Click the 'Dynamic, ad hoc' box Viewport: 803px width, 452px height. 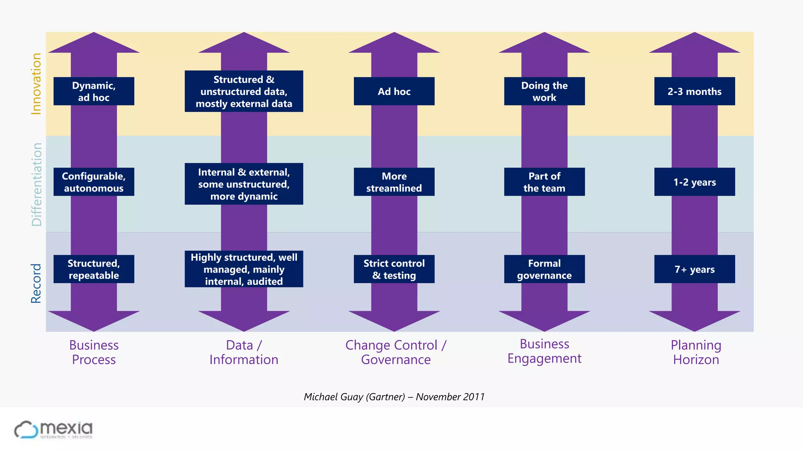(94, 91)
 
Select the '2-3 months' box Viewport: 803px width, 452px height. (694, 91)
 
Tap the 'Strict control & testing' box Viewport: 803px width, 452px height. (394, 269)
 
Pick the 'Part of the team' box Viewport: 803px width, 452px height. (544, 182)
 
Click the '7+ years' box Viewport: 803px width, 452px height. (694, 269)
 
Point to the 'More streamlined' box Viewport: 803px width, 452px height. (394, 182)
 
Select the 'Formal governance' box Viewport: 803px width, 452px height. (544, 269)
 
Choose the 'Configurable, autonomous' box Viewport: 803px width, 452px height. (94, 182)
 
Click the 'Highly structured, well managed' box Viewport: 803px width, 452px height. (244, 269)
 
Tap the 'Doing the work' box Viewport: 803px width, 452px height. (544, 91)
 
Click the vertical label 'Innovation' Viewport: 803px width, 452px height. (36, 84)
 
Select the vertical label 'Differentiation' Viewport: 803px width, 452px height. (36, 184)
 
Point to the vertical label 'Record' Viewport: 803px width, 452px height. (36, 283)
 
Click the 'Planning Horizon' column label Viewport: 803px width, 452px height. (696, 352)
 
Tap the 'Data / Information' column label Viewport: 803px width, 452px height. (244, 352)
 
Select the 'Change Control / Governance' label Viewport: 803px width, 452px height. (396, 352)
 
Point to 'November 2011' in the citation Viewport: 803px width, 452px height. (450, 397)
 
